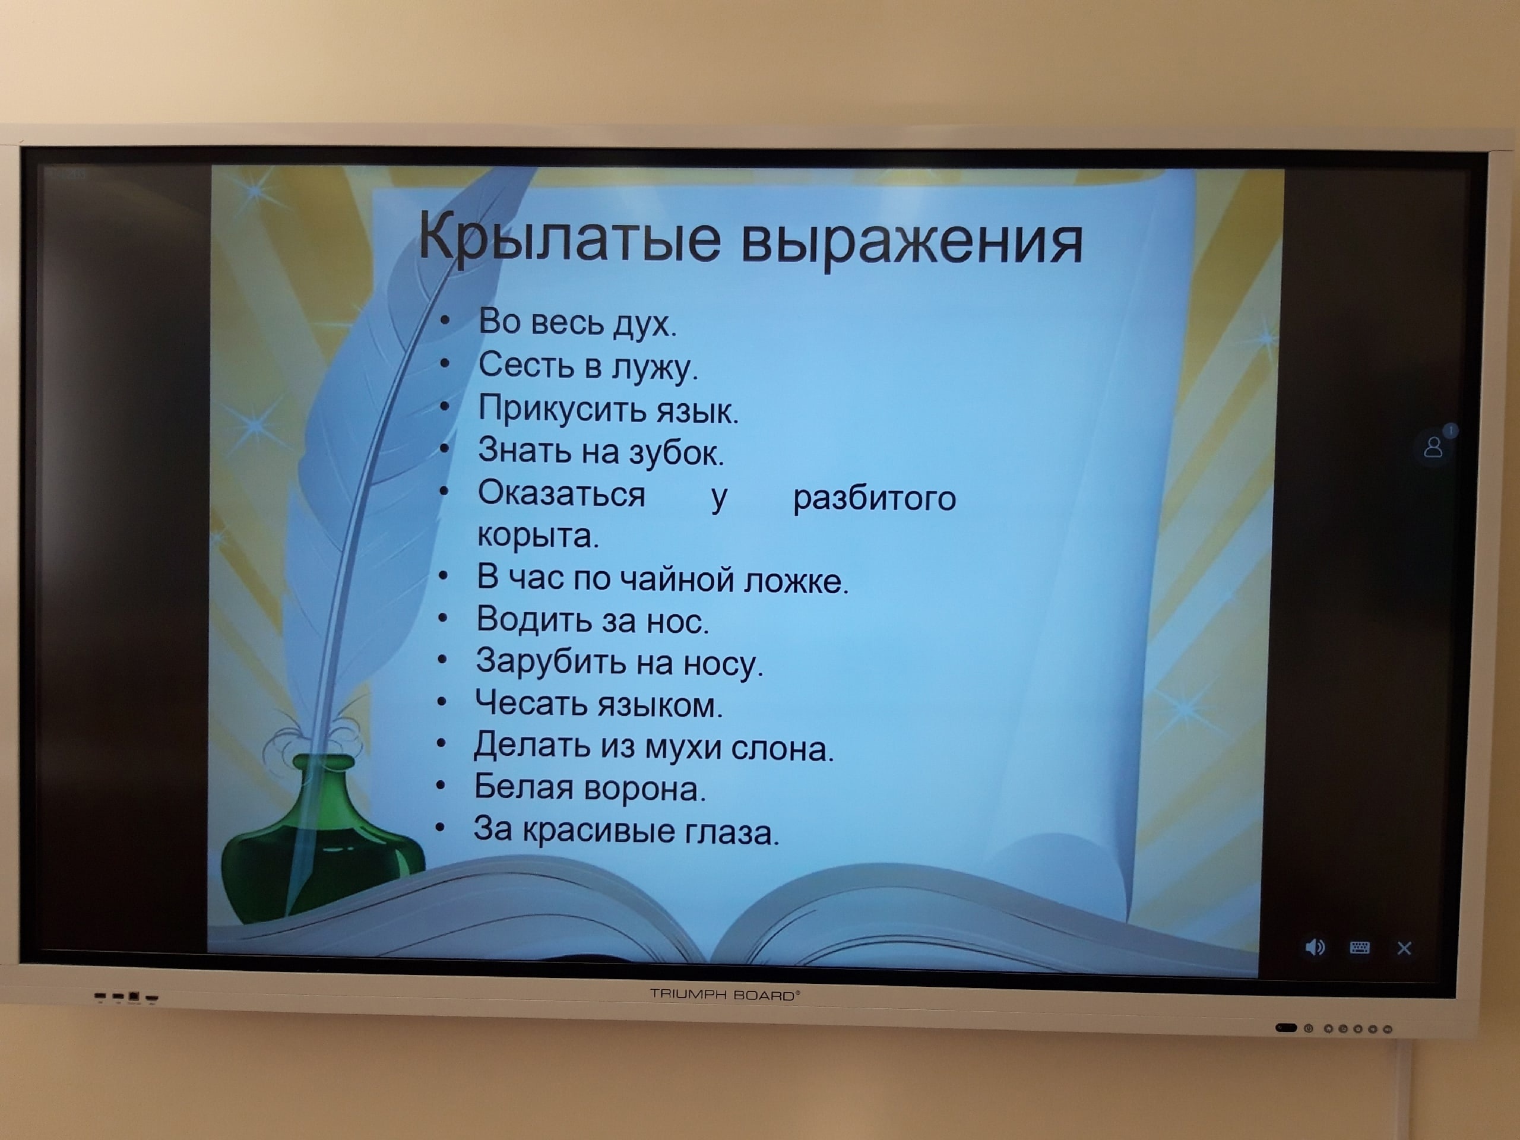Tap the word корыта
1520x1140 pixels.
point(538,536)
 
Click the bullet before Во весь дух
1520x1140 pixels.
point(445,321)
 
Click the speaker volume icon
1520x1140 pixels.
point(1315,948)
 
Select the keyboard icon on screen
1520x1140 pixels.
point(1359,948)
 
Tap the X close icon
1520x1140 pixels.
point(1404,948)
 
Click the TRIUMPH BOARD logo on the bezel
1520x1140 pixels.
point(725,995)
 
